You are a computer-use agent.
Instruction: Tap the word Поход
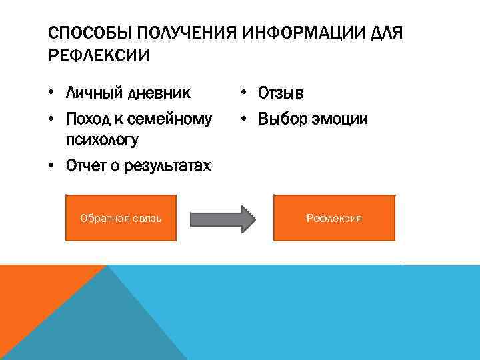pyautogui.click(x=89, y=119)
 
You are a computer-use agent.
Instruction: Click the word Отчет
pyautogui.click(x=88, y=167)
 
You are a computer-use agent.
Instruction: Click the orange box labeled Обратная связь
pyautogui.click(x=121, y=218)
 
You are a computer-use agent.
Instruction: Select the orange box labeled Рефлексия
pyautogui.click(x=334, y=218)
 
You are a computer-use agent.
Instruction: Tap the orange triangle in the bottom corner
pyautogui.click(x=33, y=300)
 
